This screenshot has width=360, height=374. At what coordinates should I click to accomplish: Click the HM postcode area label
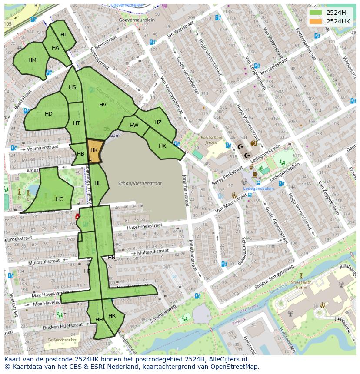32,60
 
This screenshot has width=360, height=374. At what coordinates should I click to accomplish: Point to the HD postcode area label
49,114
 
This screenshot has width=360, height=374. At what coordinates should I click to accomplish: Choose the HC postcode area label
59,199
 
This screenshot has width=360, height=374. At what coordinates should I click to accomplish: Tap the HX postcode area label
162,146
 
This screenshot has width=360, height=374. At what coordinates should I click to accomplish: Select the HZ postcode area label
158,122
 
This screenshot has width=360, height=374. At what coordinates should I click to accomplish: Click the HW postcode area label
134,126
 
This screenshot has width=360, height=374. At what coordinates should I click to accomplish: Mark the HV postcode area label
103,105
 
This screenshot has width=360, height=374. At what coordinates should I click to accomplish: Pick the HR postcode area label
112,316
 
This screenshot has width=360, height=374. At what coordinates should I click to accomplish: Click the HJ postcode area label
63,35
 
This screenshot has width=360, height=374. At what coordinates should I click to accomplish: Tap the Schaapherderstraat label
140,183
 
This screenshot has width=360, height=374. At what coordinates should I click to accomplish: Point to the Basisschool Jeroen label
211,139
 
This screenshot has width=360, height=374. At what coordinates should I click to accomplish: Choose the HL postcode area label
97,183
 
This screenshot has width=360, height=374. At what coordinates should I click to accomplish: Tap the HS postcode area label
72,87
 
